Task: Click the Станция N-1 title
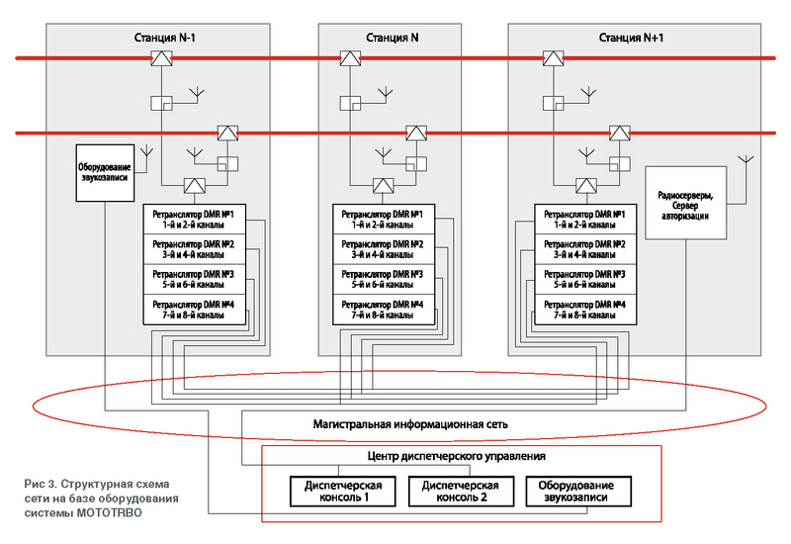click(x=164, y=38)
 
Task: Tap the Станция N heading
click(x=392, y=38)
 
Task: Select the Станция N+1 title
click(x=631, y=38)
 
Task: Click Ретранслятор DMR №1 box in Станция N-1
click(x=194, y=219)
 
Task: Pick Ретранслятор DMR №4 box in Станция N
click(x=384, y=310)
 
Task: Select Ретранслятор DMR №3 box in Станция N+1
click(x=585, y=279)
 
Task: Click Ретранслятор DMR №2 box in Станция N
click(x=384, y=249)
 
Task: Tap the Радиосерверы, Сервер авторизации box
click(x=685, y=203)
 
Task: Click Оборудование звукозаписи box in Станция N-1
click(x=105, y=173)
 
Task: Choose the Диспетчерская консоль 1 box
click(x=343, y=491)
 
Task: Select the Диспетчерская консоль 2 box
click(x=461, y=491)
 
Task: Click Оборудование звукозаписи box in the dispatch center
click(x=578, y=491)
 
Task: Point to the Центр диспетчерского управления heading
click(x=457, y=456)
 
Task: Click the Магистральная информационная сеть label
click(x=410, y=424)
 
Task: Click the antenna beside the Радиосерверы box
click(x=746, y=160)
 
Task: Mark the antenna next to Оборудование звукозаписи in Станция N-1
click(x=146, y=151)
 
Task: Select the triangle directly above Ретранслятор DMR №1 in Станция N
click(x=384, y=186)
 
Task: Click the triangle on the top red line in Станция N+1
click(x=553, y=58)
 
